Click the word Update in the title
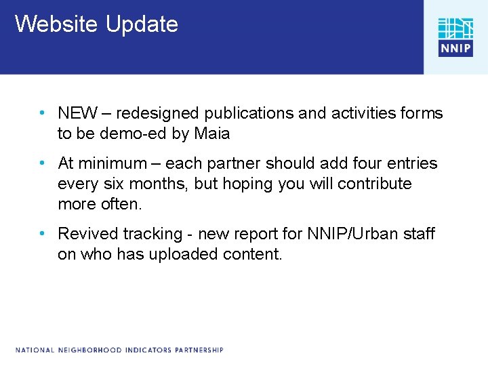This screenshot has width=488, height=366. (142, 24)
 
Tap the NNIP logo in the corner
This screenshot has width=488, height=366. (455, 37)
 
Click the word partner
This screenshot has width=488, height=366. (235, 163)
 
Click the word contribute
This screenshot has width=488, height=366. (377, 184)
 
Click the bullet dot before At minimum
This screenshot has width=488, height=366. (43, 163)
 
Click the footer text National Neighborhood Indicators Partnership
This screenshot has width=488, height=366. (120, 350)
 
